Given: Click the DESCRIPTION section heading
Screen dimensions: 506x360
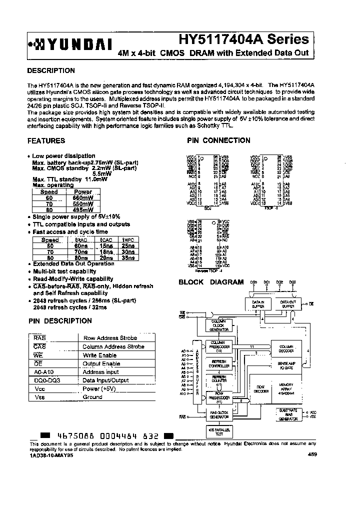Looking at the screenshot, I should coord(51,70).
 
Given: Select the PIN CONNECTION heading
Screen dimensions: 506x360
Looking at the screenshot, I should coord(218,141).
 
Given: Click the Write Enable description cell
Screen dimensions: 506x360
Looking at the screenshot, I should coord(100,355).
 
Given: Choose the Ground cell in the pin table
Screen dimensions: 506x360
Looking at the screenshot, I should coord(92,397).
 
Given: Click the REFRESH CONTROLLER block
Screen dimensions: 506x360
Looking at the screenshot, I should coord(219,363).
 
